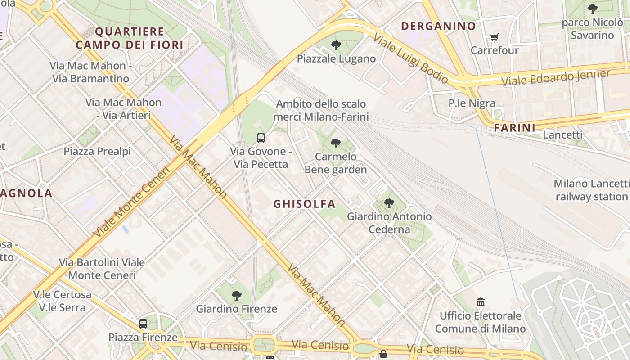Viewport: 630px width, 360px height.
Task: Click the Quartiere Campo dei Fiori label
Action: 130,38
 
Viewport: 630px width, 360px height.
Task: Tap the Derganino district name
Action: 438,26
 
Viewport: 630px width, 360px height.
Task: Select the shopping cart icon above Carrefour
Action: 494,37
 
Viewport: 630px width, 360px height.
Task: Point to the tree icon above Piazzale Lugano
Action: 336,45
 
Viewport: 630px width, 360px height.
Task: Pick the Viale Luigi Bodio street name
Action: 410,58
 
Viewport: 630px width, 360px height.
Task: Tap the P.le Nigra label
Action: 472,103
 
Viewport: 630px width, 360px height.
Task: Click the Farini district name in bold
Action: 515,128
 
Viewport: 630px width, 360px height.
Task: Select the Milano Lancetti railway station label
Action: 591,190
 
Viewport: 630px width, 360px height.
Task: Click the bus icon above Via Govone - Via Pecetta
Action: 261,138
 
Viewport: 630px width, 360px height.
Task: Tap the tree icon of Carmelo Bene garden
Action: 335,144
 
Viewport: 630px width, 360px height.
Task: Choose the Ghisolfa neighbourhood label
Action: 305,204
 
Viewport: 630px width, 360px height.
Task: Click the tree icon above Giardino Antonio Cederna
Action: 389,203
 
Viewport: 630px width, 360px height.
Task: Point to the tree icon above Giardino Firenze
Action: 237,295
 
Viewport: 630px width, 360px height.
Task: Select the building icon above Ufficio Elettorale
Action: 480,302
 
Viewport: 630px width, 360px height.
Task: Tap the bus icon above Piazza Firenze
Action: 143,324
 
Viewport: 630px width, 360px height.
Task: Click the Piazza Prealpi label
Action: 97,151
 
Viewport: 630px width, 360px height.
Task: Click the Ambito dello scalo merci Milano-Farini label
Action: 321,110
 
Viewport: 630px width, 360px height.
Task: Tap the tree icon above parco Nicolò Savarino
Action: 593,9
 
